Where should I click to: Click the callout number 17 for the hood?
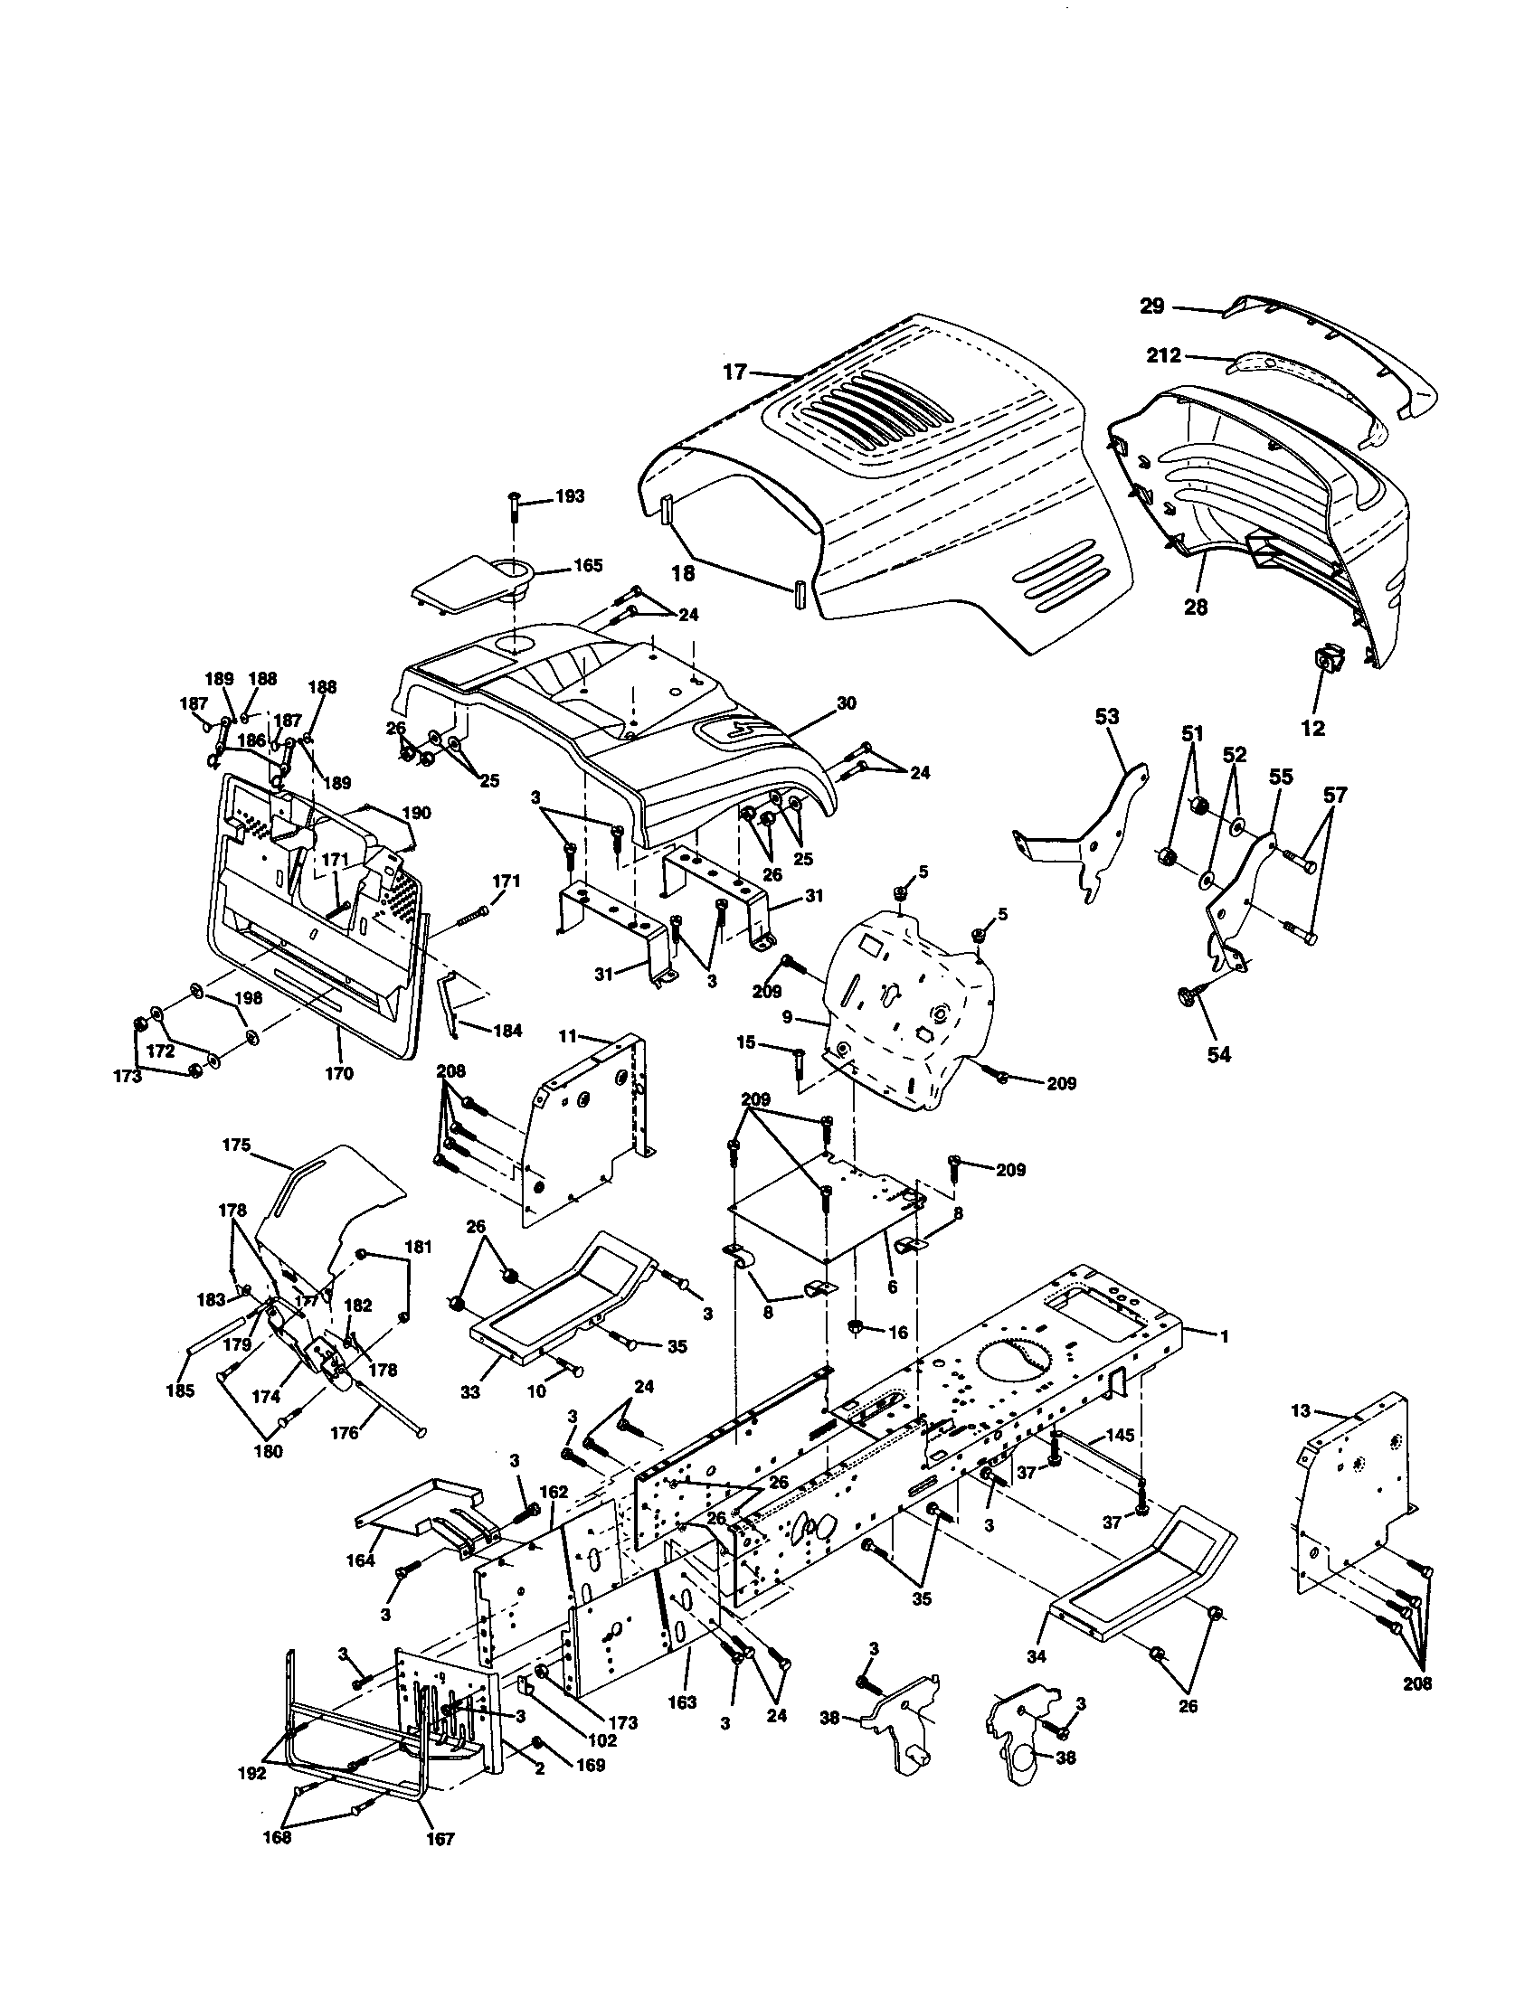735,372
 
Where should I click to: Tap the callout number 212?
1163,355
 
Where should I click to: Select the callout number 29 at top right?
1152,306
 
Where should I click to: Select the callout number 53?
1107,718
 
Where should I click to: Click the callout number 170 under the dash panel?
338,1074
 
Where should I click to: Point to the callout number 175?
236,1145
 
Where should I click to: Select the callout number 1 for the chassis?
1225,1336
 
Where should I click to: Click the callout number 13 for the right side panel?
1301,1411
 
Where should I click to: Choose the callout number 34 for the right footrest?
1037,1655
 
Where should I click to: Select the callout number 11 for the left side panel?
567,1035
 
